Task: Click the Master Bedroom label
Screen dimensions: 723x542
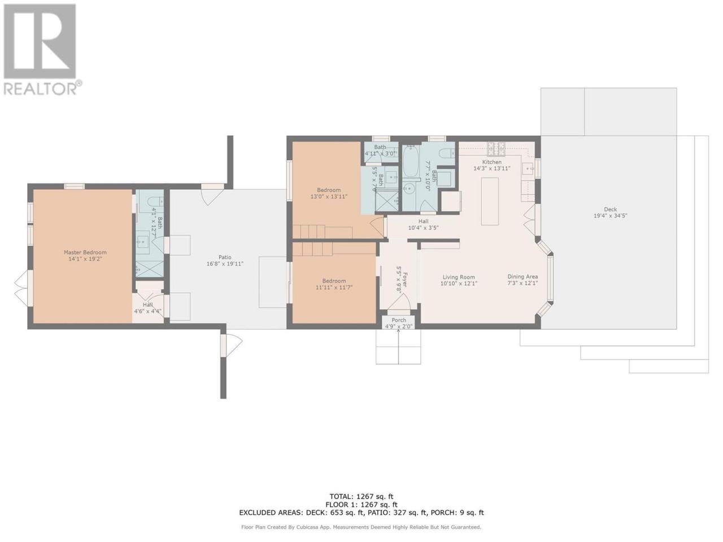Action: (x=85, y=252)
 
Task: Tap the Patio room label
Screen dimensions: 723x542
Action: (x=225, y=257)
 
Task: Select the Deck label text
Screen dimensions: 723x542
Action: (x=610, y=209)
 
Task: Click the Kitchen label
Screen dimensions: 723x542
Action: (x=491, y=162)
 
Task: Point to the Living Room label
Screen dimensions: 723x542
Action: (x=459, y=277)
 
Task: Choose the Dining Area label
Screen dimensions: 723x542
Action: (x=522, y=277)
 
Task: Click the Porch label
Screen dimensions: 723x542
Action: (x=399, y=320)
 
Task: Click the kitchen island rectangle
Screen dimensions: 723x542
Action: (x=490, y=202)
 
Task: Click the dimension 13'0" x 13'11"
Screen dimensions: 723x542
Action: (x=329, y=196)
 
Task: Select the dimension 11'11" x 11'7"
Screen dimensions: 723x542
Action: (x=334, y=287)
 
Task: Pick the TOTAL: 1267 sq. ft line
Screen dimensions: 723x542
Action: (x=361, y=497)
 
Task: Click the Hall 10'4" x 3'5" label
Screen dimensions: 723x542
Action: (x=423, y=225)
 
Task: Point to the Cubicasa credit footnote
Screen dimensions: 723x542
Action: (x=361, y=527)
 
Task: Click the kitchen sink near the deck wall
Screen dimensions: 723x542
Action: (x=528, y=168)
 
